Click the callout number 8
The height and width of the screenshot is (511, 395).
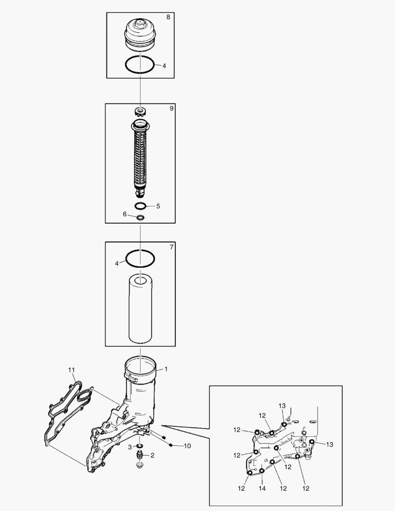click(168, 17)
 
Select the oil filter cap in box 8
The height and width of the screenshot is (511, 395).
click(140, 34)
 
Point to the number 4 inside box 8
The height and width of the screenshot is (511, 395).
click(164, 66)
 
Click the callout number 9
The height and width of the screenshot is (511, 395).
click(171, 108)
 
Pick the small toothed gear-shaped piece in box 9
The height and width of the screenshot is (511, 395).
click(140, 113)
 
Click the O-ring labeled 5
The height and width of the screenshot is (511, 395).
click(140, 206)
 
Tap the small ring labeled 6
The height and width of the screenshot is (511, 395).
click(140, 217)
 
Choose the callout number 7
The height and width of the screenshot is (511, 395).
click(171, 247)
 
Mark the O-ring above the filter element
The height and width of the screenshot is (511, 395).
click(140, 258)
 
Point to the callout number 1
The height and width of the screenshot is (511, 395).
click(166, 369)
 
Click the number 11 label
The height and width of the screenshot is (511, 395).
click(71, 370)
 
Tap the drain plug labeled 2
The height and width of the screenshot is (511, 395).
click(140, 456)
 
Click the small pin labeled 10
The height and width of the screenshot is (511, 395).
click(172, 445)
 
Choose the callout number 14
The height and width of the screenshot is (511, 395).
click(262, 488)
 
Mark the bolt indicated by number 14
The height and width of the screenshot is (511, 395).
click(261, 471)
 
